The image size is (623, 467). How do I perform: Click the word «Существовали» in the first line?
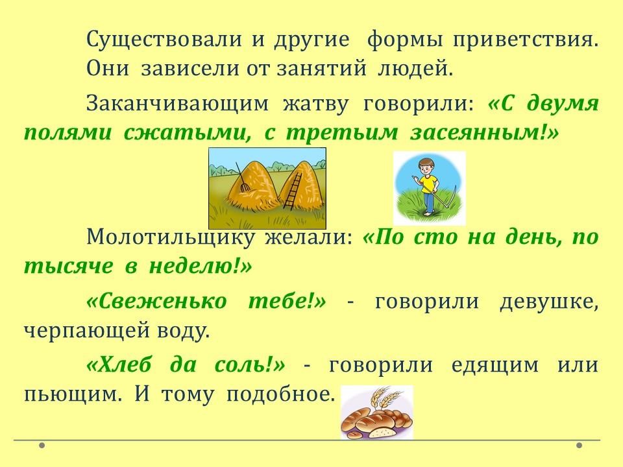tap(164, 40)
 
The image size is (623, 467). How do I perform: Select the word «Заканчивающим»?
tap(177, 104)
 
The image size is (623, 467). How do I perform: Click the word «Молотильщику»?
tap(170, 237)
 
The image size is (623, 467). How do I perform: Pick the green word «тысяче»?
tap(68, 266)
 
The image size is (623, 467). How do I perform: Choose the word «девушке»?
tap(548, 302)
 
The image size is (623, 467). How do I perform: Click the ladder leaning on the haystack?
tap(292, 191)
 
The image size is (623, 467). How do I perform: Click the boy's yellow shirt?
tap(428, 184)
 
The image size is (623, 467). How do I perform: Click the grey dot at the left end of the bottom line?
tap(42, 445)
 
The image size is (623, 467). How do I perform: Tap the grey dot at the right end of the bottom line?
tap(580, 445)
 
